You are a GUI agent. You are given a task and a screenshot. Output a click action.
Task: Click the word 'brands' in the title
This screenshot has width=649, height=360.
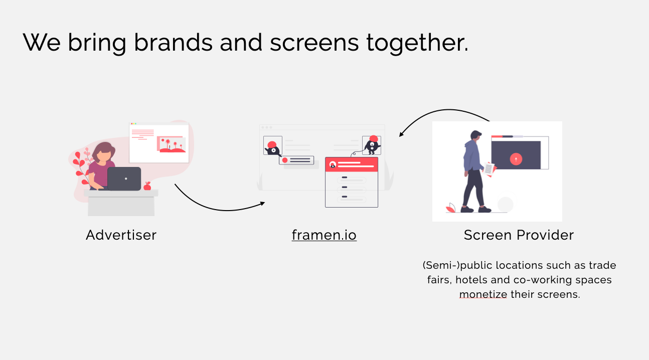tap(173, 42)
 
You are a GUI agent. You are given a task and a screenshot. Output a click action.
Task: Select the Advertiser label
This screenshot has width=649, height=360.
tap(121, 235)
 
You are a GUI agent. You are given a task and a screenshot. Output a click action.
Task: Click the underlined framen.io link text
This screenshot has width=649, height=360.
tap(324, 235)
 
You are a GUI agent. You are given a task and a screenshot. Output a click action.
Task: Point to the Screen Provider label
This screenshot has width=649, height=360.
tap(519, 235)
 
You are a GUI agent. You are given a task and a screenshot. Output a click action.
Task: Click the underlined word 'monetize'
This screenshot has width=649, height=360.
tap(483, 294)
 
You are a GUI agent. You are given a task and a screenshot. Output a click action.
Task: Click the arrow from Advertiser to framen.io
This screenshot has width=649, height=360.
tap(216, 209)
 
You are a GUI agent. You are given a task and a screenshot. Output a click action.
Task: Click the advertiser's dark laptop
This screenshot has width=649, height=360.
tap(124, 178)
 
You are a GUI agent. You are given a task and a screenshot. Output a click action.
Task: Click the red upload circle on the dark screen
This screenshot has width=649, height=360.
tap(516, 159)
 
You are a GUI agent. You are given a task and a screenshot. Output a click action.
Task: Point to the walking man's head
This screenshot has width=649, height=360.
tap(475, 136)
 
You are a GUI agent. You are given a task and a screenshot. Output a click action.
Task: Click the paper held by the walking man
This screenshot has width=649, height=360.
tap(489, 168)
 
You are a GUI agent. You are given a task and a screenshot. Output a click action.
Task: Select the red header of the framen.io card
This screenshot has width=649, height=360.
tap(352, 164)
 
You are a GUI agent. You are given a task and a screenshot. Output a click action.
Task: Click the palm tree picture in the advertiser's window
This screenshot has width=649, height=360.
tap(171, 144)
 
